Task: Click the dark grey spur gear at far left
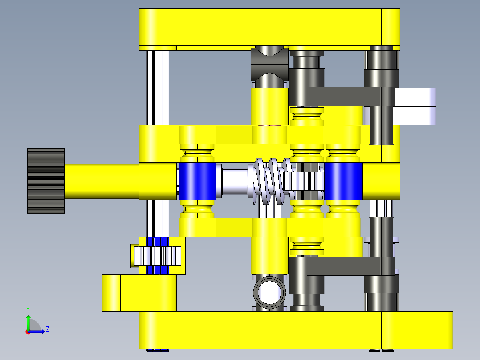(x=46, y=181)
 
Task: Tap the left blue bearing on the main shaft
(x=197, y=181)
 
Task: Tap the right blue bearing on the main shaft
(x=343, y=181)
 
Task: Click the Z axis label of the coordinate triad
(x=47, y=329)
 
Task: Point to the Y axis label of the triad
(x=28, y=309)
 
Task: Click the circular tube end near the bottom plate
(x=269, y=292)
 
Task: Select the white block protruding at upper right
(x=416, y=106)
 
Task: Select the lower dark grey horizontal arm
(x=343, y=266)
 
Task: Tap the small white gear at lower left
(x=157, y=256)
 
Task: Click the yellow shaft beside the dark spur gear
(x=102, y=181)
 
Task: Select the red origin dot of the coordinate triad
(x=28, y=331)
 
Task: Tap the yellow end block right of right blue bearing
(x=381, y=181)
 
